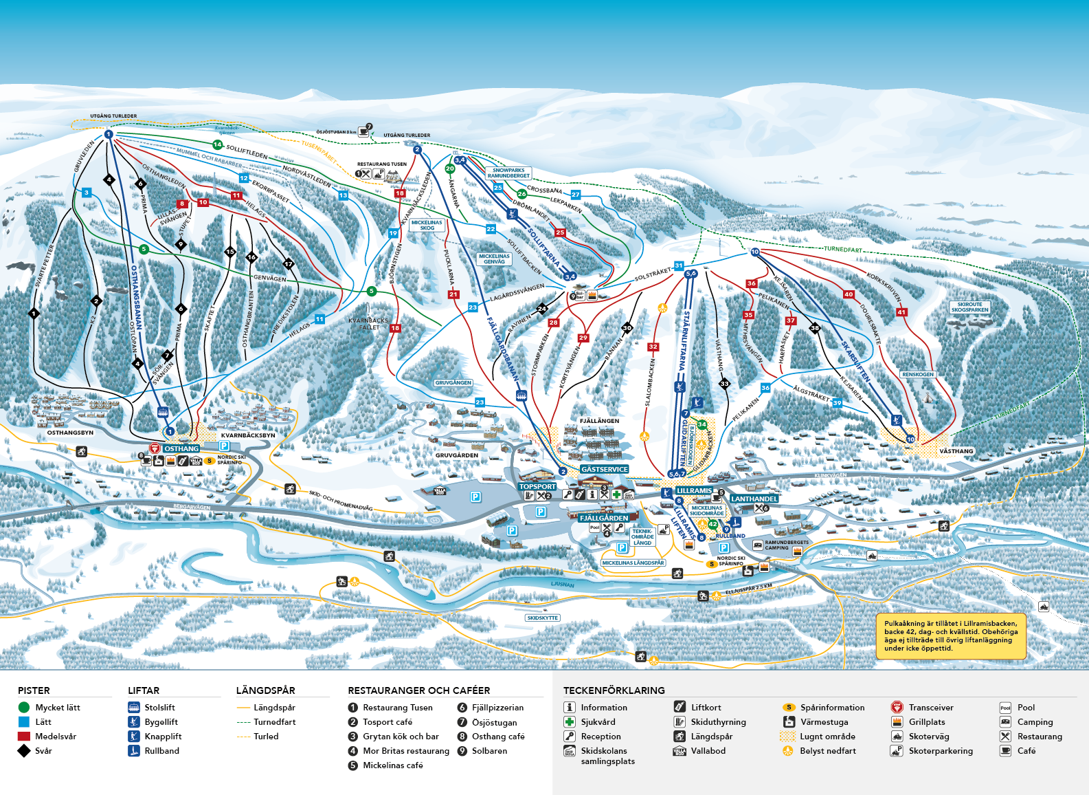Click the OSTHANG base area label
(x=181, y=448)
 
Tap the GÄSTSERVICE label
(x=605, y=469)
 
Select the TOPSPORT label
(x=537, y=486)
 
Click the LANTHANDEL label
(x=754, y=499)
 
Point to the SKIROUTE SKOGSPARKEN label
(x=969, y=307)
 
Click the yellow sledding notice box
(x=951, y=636)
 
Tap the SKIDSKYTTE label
(x=542, y=618)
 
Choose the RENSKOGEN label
(x=918, y=374)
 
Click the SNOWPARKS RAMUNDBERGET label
(x=508, y=173)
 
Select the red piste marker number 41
(x=901, y=312)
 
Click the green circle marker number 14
(x=217, y=144)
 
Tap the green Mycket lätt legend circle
(x=24, y=707)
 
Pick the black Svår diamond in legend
(x=24, y=750)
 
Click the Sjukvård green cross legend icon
(x=570, y=721)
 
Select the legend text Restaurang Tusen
(x=397, y=707)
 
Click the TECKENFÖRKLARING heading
(x=614, y=690)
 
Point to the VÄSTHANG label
(x=956, y=451)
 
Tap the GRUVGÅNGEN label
(x=453, y=382)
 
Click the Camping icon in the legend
(x=1005, y=721)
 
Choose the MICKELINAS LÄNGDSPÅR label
(x=633, y=563)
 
